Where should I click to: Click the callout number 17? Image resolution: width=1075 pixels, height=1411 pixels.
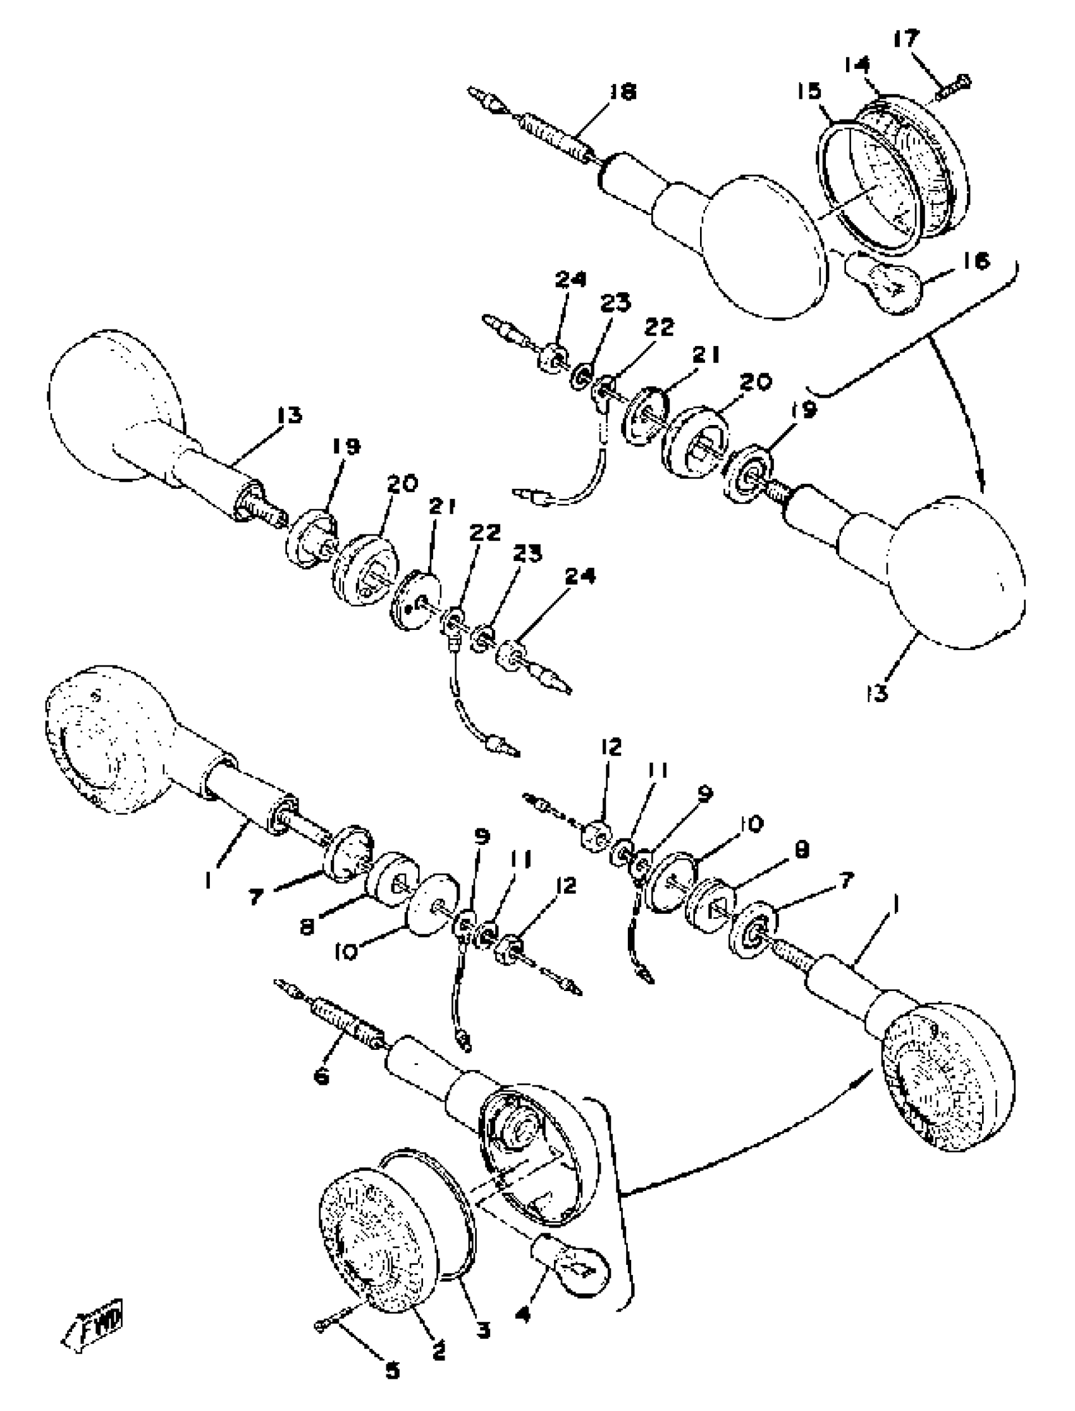[x=906, y=39]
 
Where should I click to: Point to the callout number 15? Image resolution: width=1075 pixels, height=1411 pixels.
[x=809, y=91]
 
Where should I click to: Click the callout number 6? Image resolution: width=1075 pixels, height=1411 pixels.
[x=321, y=1076]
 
